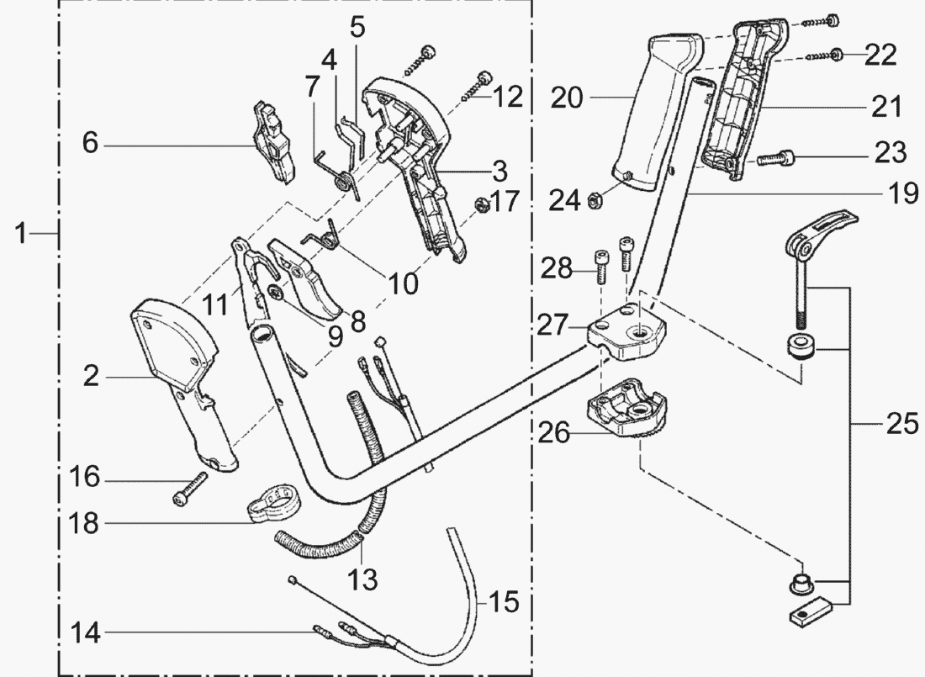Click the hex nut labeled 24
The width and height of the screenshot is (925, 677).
[592, 199]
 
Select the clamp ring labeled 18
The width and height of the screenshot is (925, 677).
[274, 502]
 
